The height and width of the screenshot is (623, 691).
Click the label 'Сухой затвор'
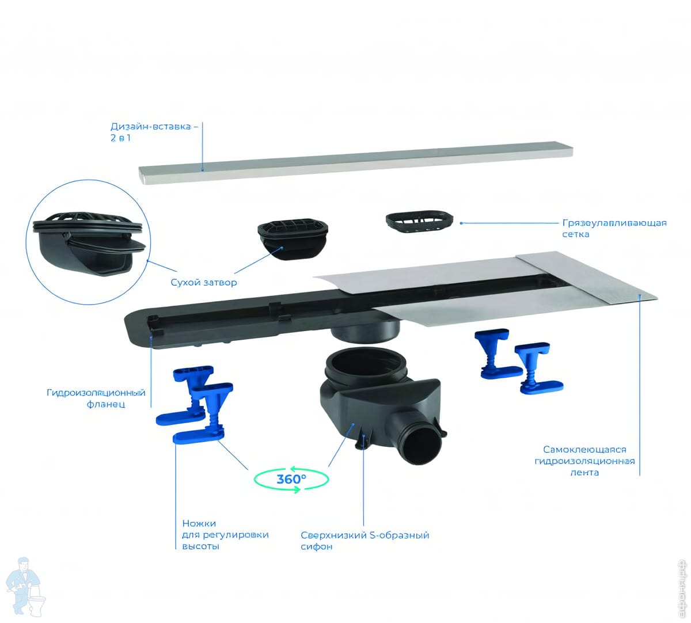(x=204, y=283)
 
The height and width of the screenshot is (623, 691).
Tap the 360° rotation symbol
(x=291, y=479)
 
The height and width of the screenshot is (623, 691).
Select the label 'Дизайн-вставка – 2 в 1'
(x=154, y=132)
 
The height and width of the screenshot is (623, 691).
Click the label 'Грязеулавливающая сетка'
(x=614, y=229)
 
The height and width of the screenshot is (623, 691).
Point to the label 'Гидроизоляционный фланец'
(x=96, y=398)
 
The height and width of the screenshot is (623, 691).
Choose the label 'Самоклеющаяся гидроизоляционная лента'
(x=584, y=461)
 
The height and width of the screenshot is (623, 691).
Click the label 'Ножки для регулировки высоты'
(x=225, y=534)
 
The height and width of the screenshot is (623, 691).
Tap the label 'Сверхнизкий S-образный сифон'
(x=365, y=540)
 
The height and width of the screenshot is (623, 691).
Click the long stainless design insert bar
(x=355, y=162)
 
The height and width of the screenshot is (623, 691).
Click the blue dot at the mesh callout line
(x=461, y=223)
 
